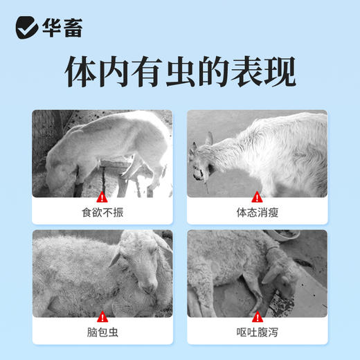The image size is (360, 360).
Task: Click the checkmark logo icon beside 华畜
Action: (x=26, y=27)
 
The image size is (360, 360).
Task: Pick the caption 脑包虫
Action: (x=102, y=334)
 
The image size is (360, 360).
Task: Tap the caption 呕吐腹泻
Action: (x=257, y=334)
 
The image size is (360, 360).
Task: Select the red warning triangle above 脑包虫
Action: (x=102, y=317)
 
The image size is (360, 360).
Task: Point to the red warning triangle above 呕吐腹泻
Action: (x=257, y=317)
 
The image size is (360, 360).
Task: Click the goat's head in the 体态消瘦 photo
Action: (x=201, y=165)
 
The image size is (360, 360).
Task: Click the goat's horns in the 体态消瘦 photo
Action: (x=208, y=138)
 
